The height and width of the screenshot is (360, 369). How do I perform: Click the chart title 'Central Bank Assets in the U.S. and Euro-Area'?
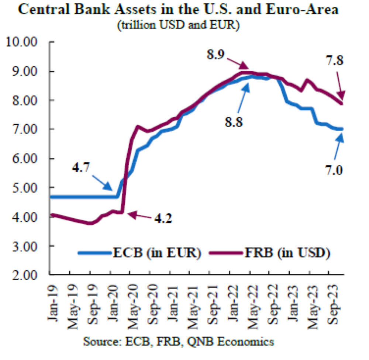pyautogui.click(x=178, y=10)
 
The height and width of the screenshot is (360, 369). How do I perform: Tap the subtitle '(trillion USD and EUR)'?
pyautogui.click(x=179, y=25)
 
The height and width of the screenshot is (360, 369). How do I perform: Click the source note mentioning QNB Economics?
pyautogui.click(x=179, y=341)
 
